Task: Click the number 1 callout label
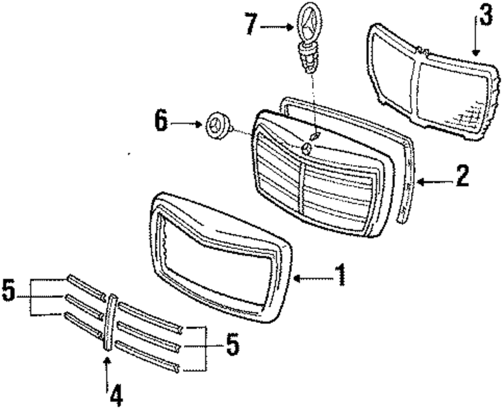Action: (x=341, y=275)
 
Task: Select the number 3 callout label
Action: (x=484, y=16)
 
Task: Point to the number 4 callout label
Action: (x=116, y=396)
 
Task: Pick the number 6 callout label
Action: (x=162, y=122)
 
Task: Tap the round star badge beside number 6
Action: (x=216, y=125)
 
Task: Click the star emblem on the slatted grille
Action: (x=306, y=148)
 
